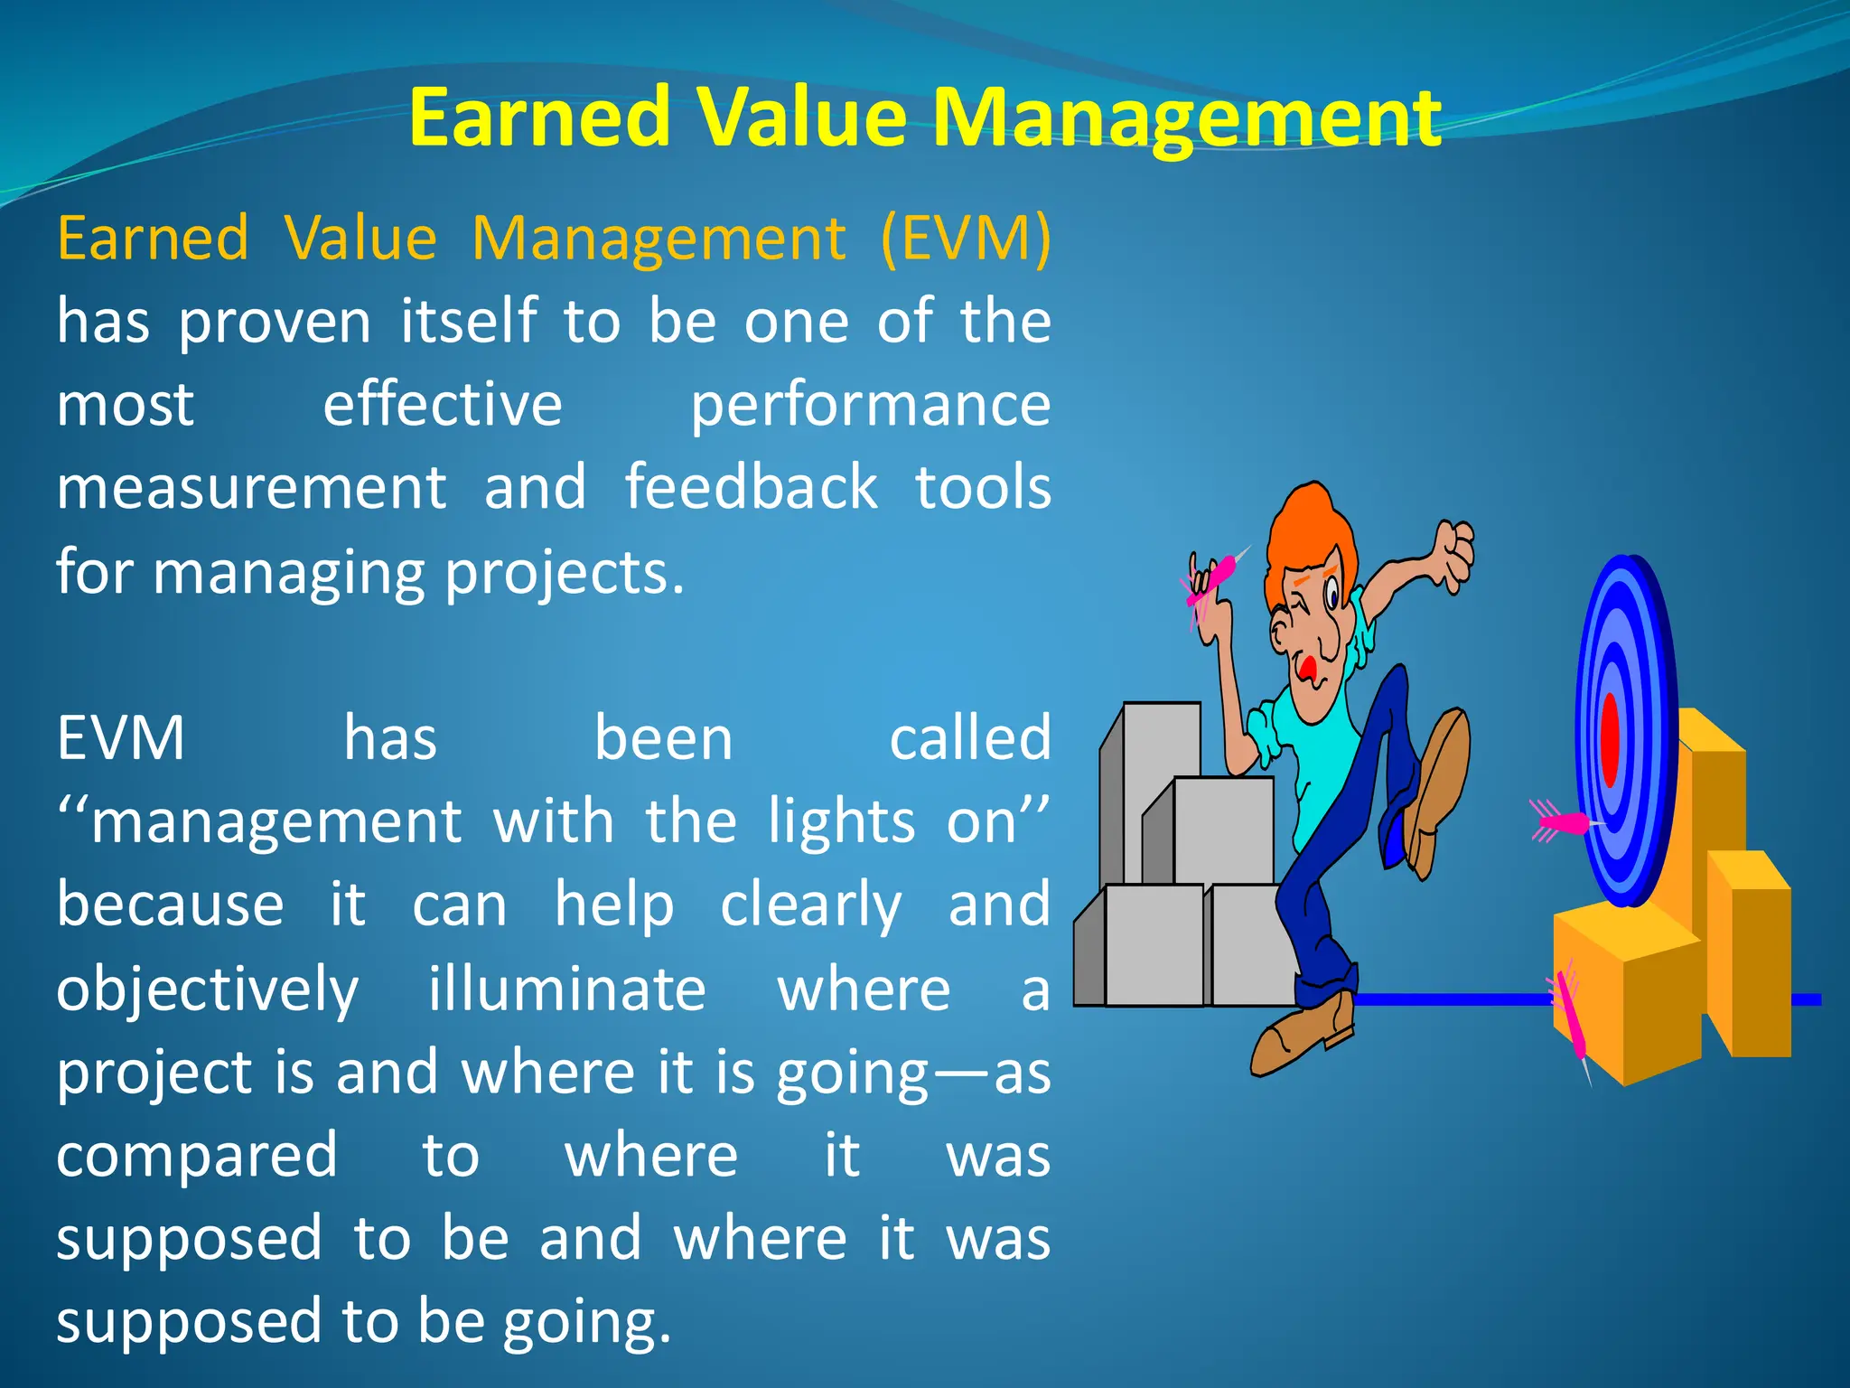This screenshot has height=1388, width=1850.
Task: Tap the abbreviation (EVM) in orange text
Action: (x=965, y=239)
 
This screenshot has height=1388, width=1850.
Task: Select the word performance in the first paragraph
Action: (x=870, y=406)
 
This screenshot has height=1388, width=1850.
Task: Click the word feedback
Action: (x=751, y=488)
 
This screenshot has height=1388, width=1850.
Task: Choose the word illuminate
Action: (x=566, y=989)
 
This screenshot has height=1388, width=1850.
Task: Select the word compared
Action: (x=197, y=1157)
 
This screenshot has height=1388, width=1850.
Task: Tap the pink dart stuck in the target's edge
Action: (x=1561, y=822)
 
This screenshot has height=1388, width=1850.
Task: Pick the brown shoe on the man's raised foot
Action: (x=1436, y=786)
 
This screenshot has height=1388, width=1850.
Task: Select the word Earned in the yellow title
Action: (x=539, y=119)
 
